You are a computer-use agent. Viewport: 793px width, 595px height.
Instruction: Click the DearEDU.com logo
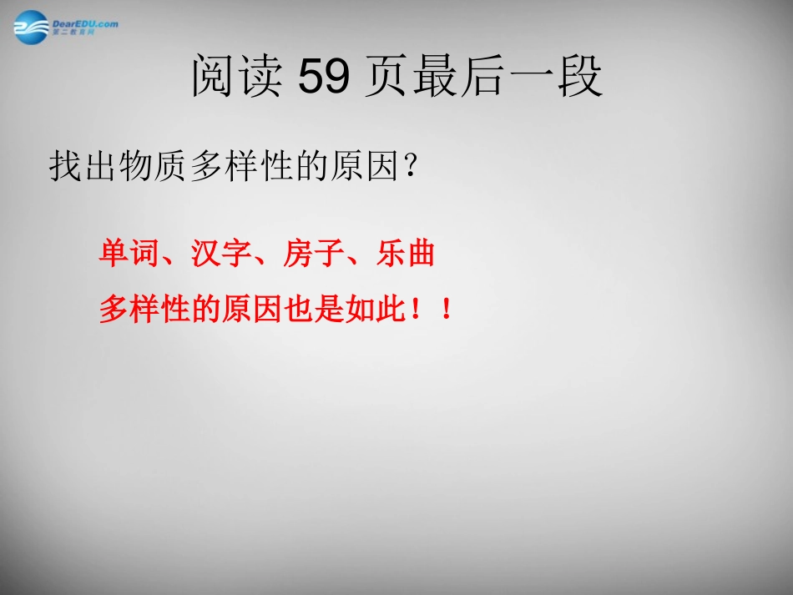(65, 25)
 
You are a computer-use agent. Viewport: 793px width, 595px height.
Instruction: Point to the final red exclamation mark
(447, 310)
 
